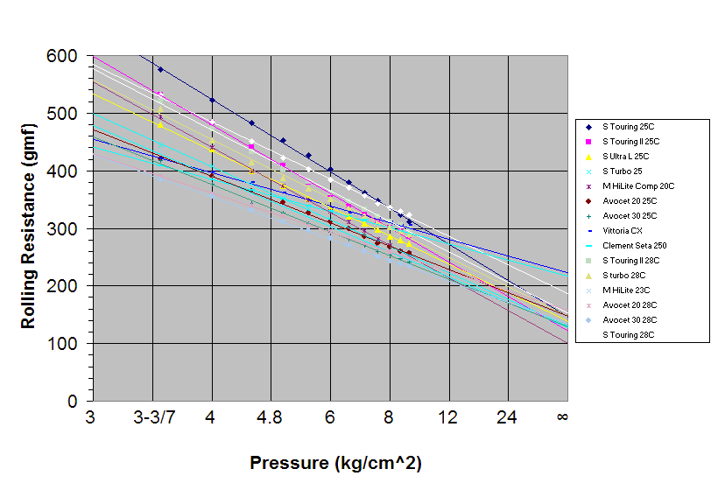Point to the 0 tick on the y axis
click(73, 401)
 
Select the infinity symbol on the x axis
click(562, 418)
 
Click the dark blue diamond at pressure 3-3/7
click(160, 68)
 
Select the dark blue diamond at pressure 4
click(212, 101)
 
